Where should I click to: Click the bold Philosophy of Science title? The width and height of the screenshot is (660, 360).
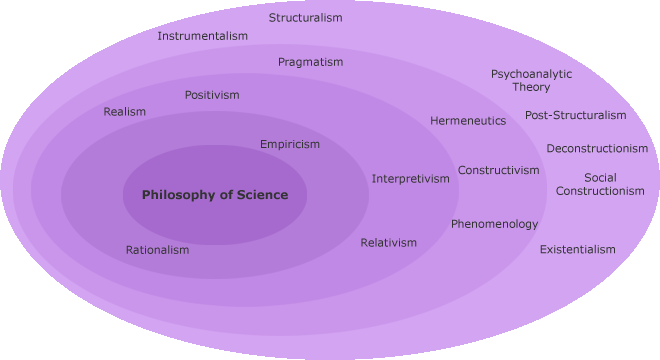215,195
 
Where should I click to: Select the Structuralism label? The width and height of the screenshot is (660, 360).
306,18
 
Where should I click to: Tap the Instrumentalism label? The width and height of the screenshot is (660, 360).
202,36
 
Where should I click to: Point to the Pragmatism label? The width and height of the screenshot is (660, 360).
310,62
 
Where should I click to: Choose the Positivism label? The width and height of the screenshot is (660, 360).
212,95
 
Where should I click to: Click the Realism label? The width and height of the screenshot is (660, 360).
125,112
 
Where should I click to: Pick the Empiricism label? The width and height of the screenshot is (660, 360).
290,144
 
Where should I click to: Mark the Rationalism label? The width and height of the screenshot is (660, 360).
157,250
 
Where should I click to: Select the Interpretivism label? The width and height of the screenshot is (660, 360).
411,179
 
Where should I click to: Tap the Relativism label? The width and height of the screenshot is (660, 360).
389,243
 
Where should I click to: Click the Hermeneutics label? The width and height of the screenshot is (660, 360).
468,121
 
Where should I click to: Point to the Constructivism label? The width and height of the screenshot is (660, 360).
499,170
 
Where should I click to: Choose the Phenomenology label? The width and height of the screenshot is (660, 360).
494,224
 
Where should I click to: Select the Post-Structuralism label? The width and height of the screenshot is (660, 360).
576,115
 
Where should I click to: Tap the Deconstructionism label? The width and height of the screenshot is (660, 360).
597,149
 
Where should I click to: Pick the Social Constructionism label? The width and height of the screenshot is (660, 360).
600,184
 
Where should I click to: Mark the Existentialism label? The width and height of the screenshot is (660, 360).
578,249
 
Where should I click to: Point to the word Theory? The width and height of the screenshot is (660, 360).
531,87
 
